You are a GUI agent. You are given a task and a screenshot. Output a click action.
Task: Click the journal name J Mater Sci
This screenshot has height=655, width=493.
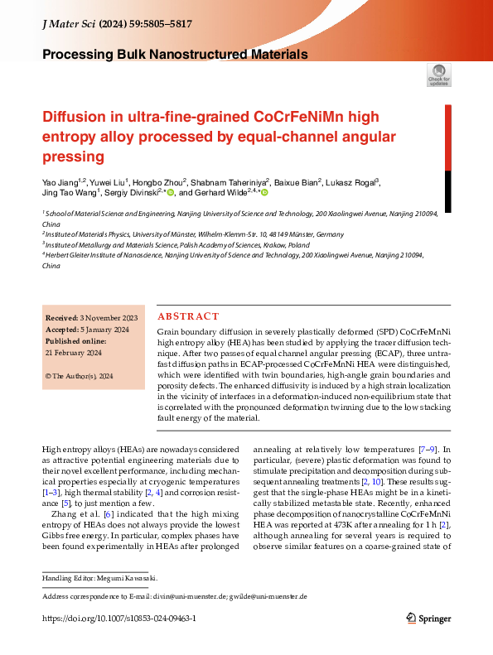pyautogui.click(x=69, y=26)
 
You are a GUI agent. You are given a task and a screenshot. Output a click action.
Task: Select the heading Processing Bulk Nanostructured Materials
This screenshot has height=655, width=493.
pyautogui.click(x=175, y=55)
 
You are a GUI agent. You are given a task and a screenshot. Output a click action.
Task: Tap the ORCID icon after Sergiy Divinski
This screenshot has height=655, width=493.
pyautogui.click(x=171, y=193)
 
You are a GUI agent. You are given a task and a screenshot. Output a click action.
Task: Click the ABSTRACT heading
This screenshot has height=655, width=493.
pyautogui.click(x=188, y=316)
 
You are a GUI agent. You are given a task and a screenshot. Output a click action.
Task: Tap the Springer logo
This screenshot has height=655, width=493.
pyautogui.click(x=428, y=618)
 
